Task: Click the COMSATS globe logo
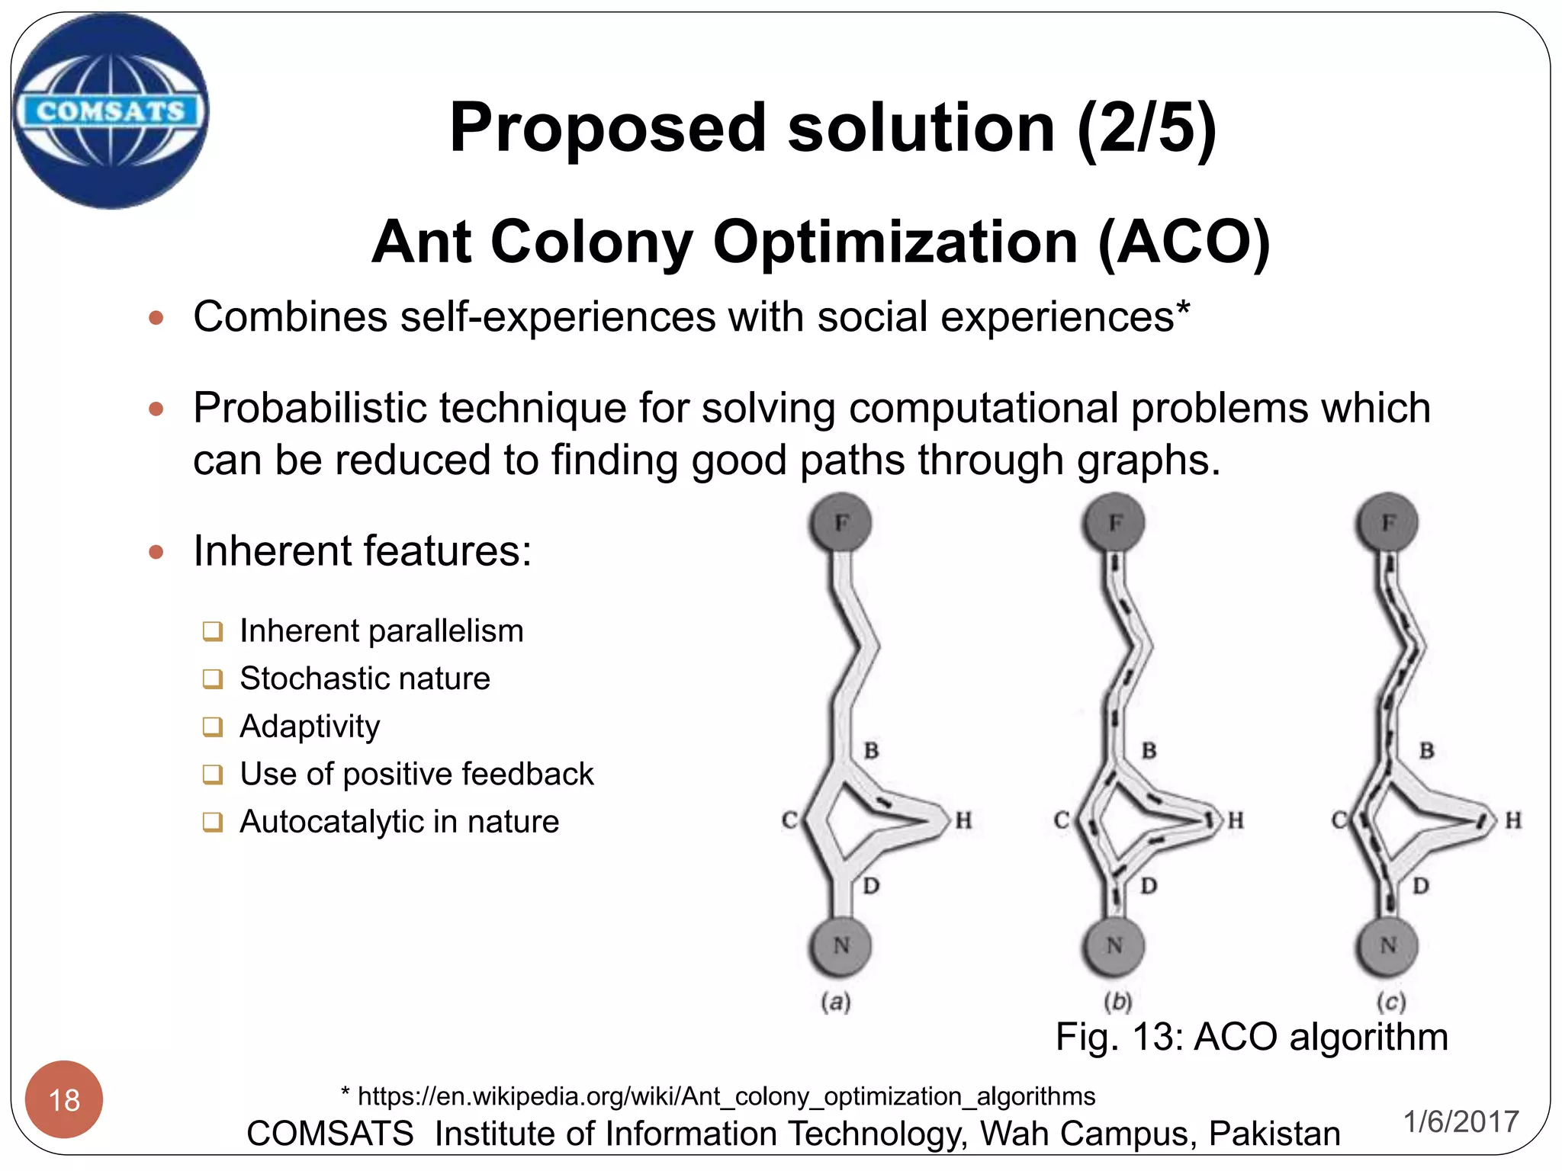(111, 111)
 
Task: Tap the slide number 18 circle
(64, 1099)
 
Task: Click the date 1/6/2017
(1461, 1121)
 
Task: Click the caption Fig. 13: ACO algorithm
(1251, 1037)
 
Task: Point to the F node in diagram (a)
(840, 523)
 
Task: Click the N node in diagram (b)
(1114, 946)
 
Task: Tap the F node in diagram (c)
(1388, 523)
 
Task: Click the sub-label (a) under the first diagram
(836, 1001)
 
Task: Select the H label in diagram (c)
(1513, 820)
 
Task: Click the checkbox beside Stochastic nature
(213, 679)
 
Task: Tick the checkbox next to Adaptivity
(213, 727)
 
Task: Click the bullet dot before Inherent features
(156, 551)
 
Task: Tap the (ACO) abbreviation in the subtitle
(1184, 242)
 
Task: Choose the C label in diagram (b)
(1061, 820)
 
